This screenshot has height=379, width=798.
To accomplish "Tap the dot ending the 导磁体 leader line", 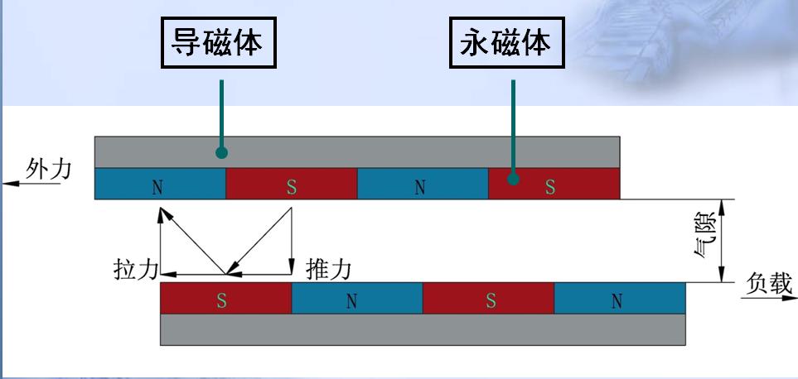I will coord(221,151).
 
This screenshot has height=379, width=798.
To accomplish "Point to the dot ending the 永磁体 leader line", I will coord(514,177).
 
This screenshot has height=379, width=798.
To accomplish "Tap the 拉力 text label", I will coord(133,270).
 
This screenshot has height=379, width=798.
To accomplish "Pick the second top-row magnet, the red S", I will coord(291,185).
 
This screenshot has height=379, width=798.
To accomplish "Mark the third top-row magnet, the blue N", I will coord(422,185).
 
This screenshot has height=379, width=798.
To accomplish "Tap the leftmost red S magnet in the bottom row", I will coord(225,299).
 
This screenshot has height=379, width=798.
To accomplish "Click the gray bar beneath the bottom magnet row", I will coord(422,329).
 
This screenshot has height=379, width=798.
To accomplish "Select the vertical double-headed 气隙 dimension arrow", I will coord(723,241).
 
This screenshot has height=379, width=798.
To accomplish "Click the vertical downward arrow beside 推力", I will coord(293,244).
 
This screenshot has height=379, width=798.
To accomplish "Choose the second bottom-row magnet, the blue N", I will coord(356,299).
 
